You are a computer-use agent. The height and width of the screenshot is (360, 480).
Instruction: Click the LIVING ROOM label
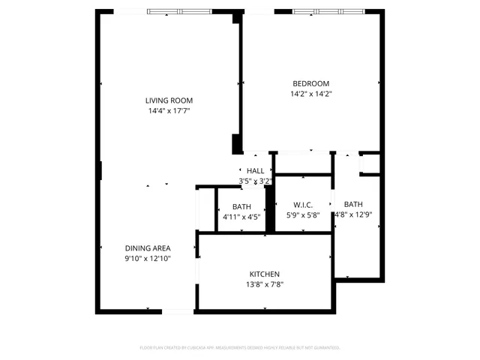[169, 100]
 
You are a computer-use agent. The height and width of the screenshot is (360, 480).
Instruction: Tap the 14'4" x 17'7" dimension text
[169, 112]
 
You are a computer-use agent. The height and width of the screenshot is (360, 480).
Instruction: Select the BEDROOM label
[310, 83]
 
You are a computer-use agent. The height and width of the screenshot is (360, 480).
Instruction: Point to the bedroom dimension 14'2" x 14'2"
[310, 94]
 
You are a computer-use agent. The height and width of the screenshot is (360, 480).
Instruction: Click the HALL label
[255, 171]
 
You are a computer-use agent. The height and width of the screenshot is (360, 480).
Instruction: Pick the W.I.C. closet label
[302, 205]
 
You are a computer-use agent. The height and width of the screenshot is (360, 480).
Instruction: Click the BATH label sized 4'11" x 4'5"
[241, 206]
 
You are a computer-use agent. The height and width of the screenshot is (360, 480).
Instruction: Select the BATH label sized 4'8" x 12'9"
[353, 204]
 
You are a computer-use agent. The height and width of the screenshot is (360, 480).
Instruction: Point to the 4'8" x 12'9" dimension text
[353, 215]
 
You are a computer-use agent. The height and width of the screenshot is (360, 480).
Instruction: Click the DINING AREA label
[148, 248]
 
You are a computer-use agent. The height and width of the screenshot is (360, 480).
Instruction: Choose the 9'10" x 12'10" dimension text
[148, 259]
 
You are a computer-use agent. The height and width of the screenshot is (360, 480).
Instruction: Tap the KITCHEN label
[265, 274]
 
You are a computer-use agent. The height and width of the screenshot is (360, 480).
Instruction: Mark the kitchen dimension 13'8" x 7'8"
[265, 284]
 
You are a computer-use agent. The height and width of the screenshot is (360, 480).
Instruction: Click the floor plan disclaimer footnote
[240, 348]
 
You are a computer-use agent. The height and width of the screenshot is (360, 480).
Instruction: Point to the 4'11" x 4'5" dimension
[241, 217]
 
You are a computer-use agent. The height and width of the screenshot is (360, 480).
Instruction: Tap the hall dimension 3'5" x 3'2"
[255, 181]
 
